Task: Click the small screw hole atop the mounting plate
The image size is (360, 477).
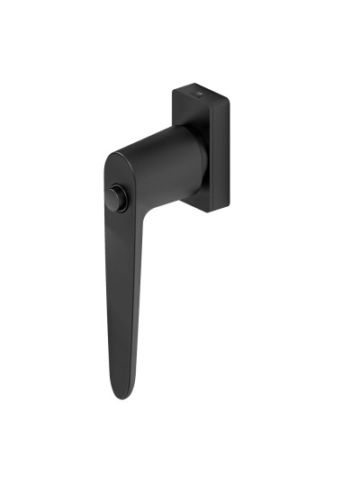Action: (x=200, y=93)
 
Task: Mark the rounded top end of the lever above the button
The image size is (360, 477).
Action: (x=118, y=162)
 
